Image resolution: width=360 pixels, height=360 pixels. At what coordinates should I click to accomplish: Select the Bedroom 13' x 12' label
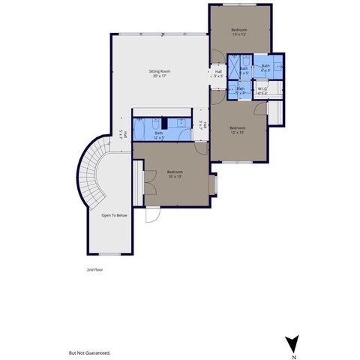click(239, 31)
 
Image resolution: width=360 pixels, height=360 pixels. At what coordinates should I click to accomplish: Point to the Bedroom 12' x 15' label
click(238, 129)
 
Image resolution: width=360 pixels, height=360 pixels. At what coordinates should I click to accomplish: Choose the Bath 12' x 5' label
click(159, 135)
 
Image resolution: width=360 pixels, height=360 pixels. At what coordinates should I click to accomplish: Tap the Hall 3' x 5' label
click(218, 73)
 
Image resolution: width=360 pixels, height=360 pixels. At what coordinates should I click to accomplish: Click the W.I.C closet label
click(262, 91)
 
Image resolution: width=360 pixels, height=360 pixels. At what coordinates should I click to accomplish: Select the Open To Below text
click(112, 215)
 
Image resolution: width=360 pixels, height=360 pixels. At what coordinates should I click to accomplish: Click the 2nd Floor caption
click(94, 268)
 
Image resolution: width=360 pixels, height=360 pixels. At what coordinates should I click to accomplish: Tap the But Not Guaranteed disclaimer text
click(89, 352)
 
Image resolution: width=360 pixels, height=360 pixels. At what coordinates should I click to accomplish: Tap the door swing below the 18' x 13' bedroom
click(153, 214)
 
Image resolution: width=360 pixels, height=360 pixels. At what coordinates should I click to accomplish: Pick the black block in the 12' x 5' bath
click(163, 123)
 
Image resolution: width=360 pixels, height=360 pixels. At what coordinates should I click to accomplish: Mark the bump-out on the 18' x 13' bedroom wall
click(214, 183)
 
